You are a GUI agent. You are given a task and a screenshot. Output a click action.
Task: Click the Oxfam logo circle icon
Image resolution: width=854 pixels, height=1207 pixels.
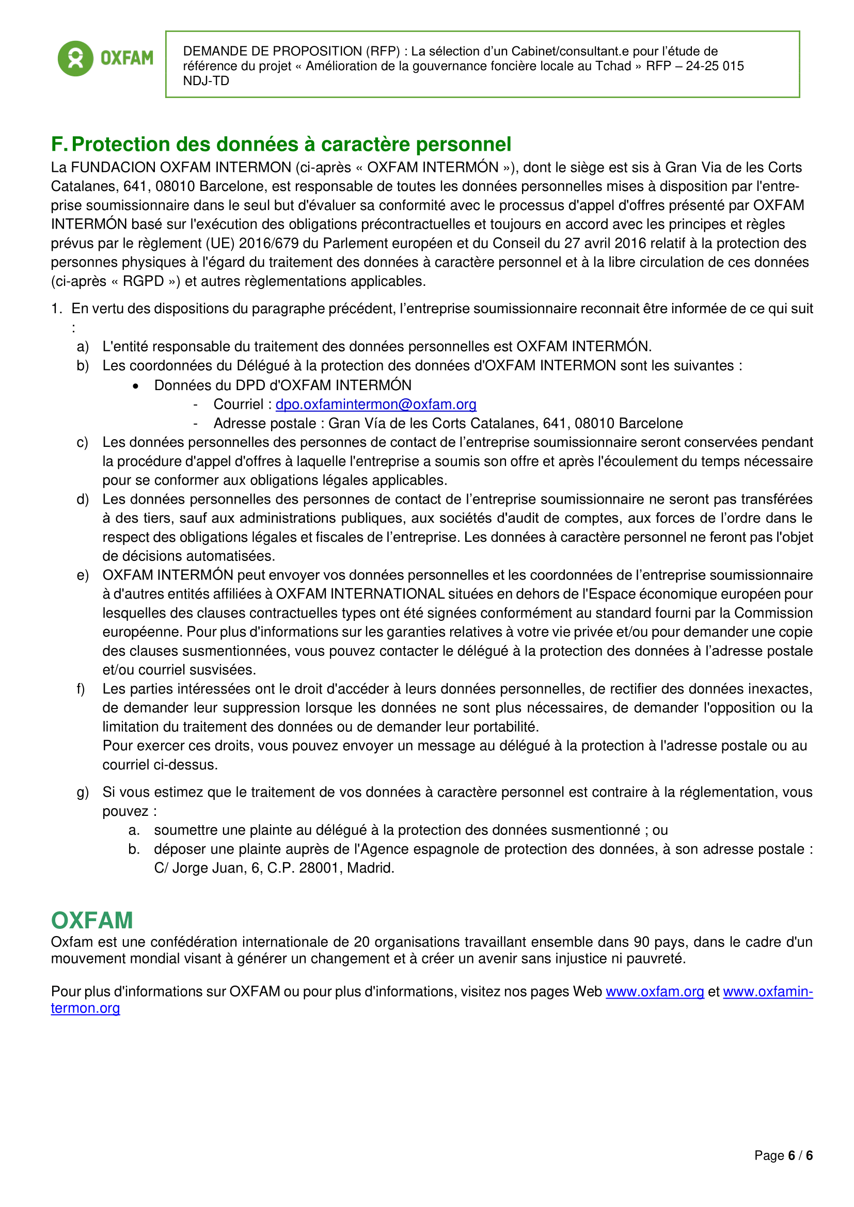[x=76, y=58]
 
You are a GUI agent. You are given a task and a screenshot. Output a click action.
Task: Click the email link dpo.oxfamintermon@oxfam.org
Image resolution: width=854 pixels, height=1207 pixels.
[x=375, y=404]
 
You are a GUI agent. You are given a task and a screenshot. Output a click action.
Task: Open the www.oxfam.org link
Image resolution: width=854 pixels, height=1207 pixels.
[x=654, y=991]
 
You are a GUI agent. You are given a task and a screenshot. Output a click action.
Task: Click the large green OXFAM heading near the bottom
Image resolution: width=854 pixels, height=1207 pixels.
[x=92, y=921]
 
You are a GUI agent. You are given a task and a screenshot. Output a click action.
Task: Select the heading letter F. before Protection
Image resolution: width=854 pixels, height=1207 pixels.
[x=59, y=144]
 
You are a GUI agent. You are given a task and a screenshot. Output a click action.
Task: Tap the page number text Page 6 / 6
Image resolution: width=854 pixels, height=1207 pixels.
[x=783, y=1155]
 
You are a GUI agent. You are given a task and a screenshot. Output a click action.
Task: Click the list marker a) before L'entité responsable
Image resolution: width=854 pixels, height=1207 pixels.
[x=83, y=347]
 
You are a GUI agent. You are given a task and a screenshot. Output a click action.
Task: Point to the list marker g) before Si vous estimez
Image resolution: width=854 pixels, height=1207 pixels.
[x=83, y=792]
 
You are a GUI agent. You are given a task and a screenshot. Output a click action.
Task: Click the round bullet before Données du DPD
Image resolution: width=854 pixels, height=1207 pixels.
[x=136, y=386]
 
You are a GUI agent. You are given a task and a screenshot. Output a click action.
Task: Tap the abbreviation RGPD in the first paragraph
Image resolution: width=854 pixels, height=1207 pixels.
[x=143, y=281]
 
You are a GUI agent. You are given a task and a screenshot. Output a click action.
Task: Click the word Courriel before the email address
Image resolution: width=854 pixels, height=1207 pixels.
[x=238, y=404]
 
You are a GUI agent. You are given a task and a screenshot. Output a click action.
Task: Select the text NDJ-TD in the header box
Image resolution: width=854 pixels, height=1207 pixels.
[x=206, y=81]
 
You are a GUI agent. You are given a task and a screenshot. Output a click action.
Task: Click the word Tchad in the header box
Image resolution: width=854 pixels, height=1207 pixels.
[x=613, y=66]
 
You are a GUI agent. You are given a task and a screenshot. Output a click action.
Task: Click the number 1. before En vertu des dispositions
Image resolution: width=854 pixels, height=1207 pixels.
[x=57, y=309]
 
